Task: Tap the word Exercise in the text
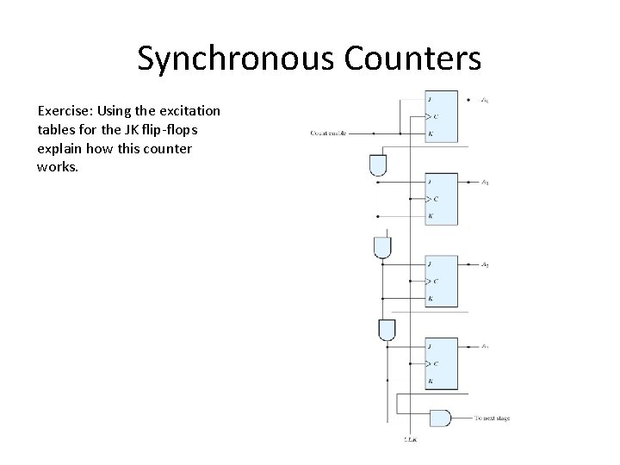(65, 111)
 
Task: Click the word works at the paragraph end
(58, 167)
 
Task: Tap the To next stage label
(492, 418)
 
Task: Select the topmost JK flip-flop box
(442, 116)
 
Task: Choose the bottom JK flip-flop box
(442, 363)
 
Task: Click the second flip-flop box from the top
(442, 199)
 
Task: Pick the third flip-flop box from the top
(442, 281)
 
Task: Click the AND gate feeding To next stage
(440, 418)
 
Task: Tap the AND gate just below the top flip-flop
(377, 165)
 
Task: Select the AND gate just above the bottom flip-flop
(387, 330)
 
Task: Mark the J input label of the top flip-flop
(430, 100)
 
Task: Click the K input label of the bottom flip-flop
(430, 380)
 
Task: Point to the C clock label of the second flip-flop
(435, 199)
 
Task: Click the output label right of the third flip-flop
(486, 264)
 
